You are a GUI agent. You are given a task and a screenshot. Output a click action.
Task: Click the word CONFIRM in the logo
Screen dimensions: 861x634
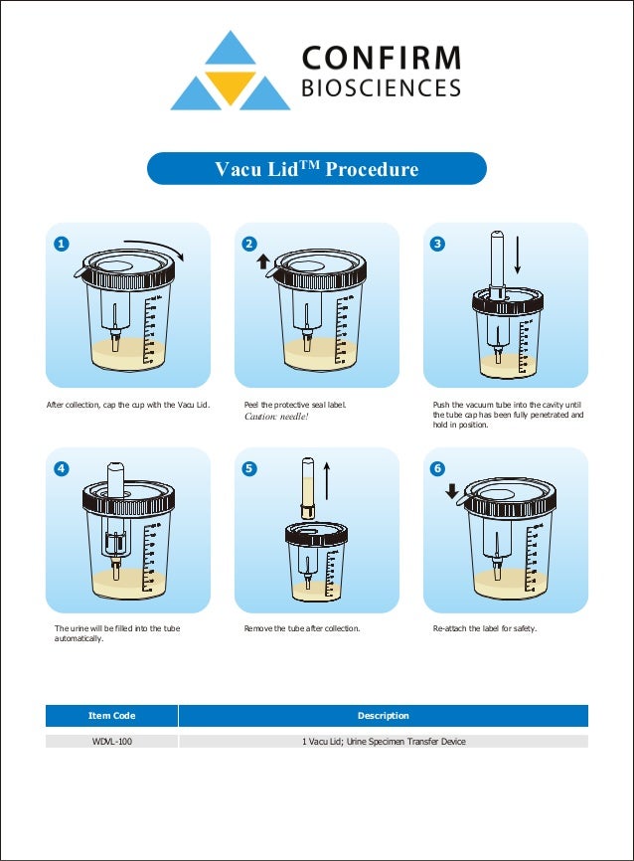tap(381, 57)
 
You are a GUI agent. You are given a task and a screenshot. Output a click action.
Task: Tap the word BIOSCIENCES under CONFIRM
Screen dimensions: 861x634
tap(381, 88)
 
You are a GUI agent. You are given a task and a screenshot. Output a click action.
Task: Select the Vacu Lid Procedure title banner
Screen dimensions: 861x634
tap(317, 169)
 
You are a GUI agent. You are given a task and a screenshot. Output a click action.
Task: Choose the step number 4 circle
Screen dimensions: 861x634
tap(61, 468)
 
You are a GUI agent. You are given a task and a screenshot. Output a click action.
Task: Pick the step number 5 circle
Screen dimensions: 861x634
tap(250, 468)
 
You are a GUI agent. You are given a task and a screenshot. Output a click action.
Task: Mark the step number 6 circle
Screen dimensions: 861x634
tap(438, 468)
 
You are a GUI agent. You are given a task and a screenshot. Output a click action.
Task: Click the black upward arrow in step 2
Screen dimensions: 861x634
tap(263, 261)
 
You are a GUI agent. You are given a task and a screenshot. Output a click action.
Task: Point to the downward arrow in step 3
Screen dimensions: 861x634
tap(518, 257)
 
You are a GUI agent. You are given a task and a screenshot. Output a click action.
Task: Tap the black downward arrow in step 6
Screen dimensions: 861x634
tap(452, 490)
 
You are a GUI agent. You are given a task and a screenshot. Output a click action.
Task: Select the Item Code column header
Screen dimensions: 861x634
tap(111, 716)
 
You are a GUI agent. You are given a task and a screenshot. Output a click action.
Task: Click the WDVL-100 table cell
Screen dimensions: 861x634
tap(111, 742)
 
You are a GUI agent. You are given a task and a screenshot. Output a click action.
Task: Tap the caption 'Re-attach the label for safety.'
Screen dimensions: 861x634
tap(484, 629)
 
